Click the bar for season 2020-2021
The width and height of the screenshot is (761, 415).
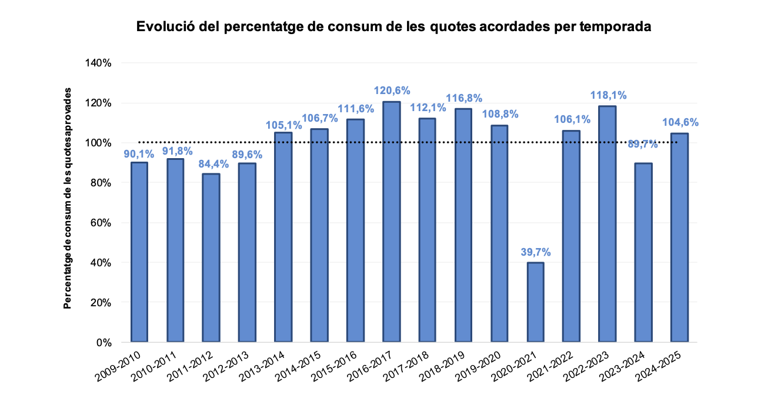point(535,302)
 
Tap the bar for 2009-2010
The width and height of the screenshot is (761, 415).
point(139,253)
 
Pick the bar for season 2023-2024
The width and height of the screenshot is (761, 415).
point(643,253)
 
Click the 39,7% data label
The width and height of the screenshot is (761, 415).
point(535,252)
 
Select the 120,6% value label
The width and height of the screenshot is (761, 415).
point(392,91)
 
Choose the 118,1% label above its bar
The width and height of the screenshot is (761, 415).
point(608,95)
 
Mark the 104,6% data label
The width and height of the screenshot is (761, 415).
point(679,122)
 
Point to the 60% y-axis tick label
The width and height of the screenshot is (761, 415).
point(101,223)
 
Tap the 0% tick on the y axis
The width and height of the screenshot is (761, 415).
point(103,342)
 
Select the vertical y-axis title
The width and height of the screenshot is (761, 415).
point(68,200)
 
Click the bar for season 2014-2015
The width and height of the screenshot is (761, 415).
point(319,235)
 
